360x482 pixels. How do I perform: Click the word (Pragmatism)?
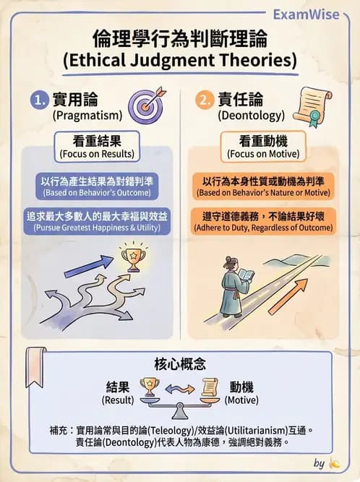(x=87, y=116)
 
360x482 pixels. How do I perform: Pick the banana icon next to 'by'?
(x=334, y=463)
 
